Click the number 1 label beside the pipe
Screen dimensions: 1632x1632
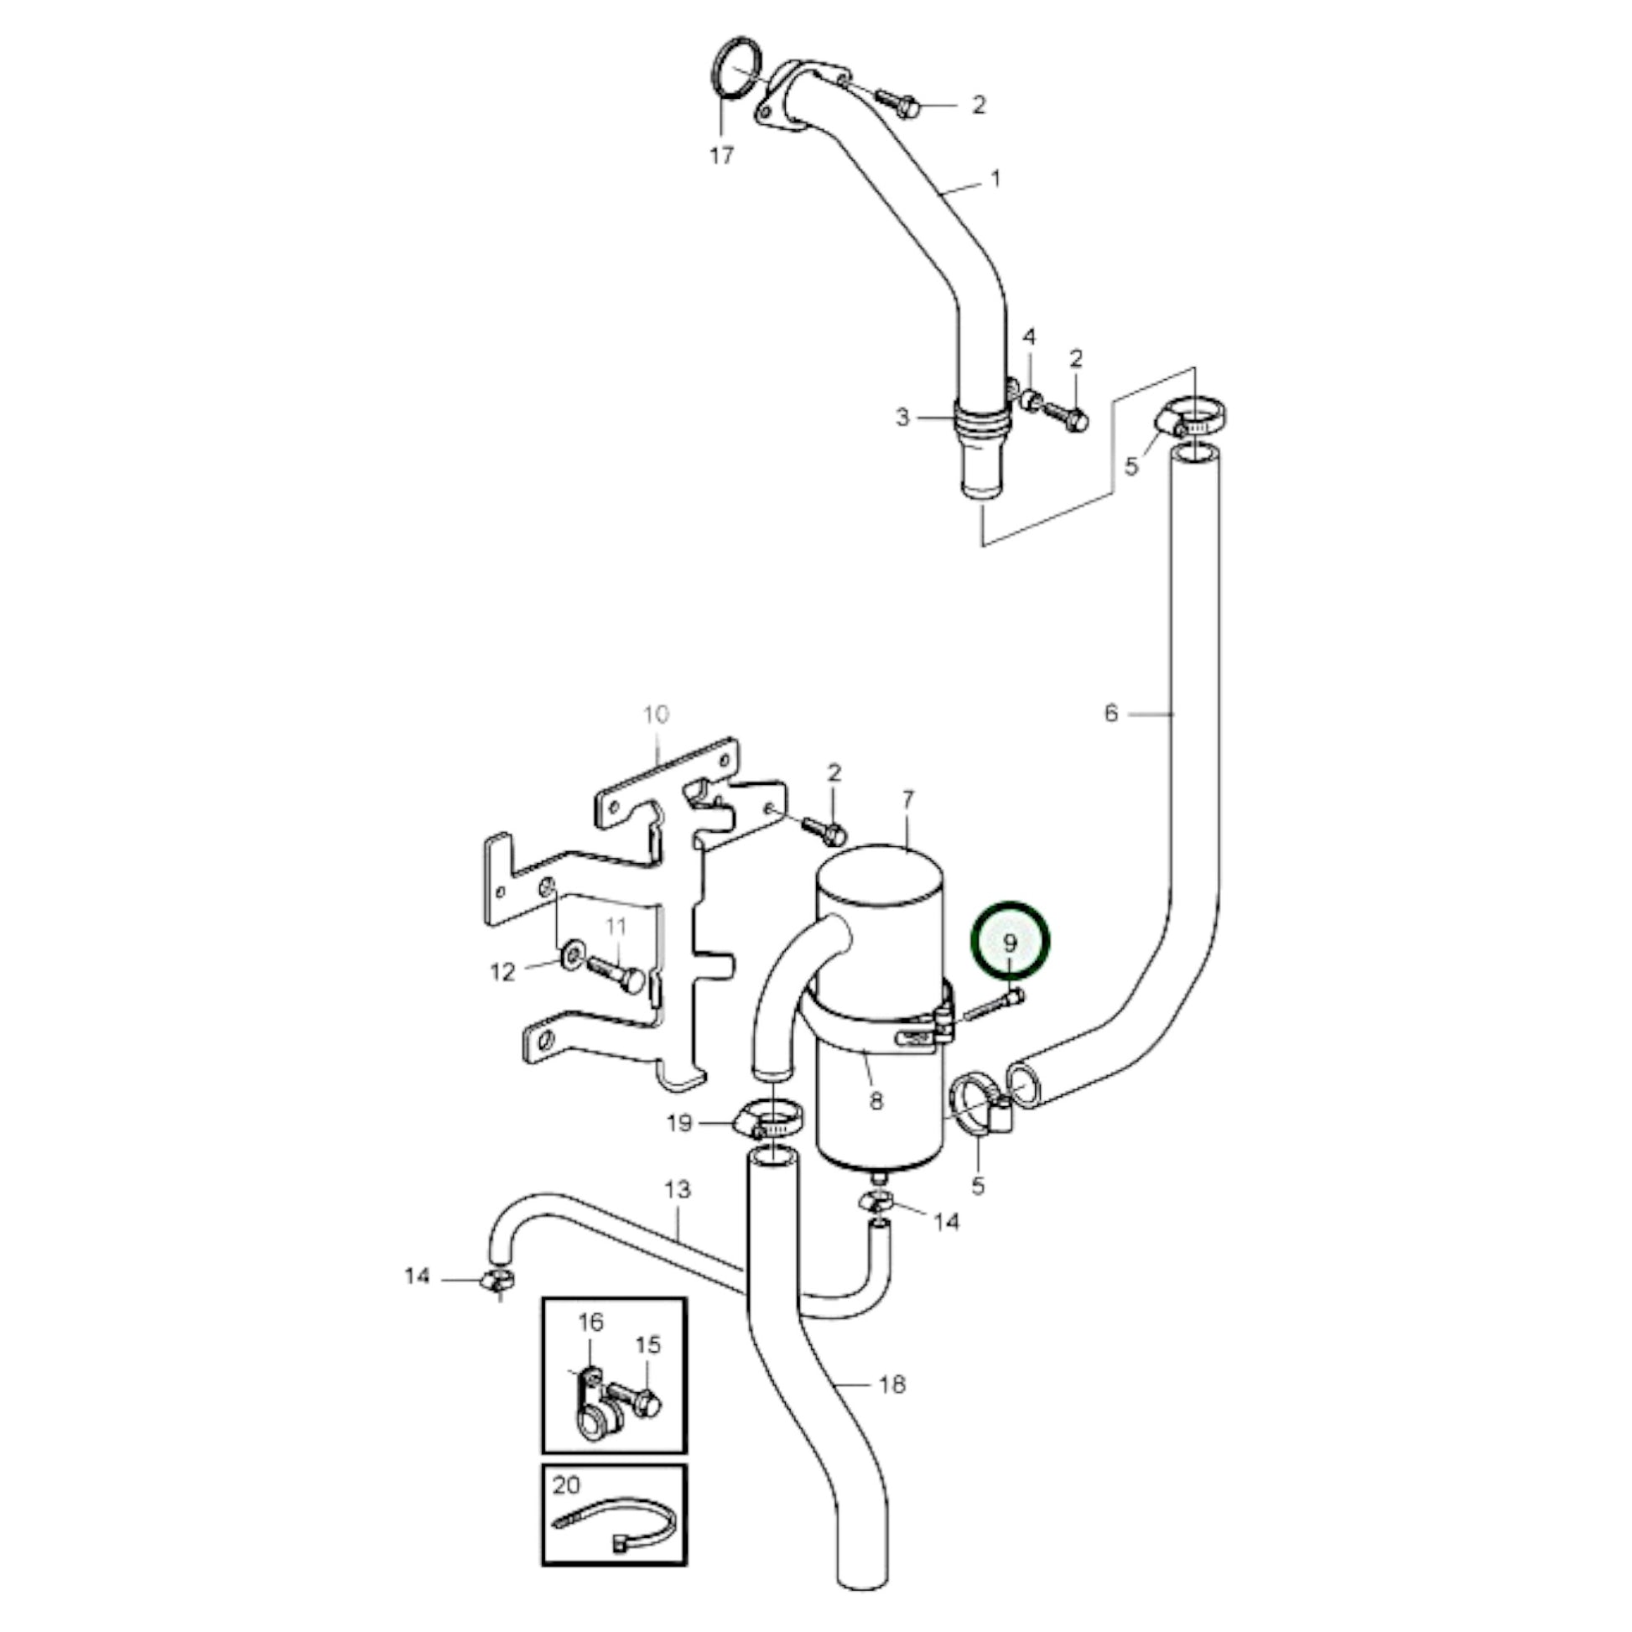point(996,179)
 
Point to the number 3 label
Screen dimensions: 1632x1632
point(903,418)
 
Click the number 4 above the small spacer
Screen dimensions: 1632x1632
point(1029,338)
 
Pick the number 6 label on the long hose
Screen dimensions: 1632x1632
point(1111,714)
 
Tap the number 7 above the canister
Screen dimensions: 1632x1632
point(908,798)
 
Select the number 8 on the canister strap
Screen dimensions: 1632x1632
point(876,1100)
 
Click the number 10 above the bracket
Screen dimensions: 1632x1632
point(657,715)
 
